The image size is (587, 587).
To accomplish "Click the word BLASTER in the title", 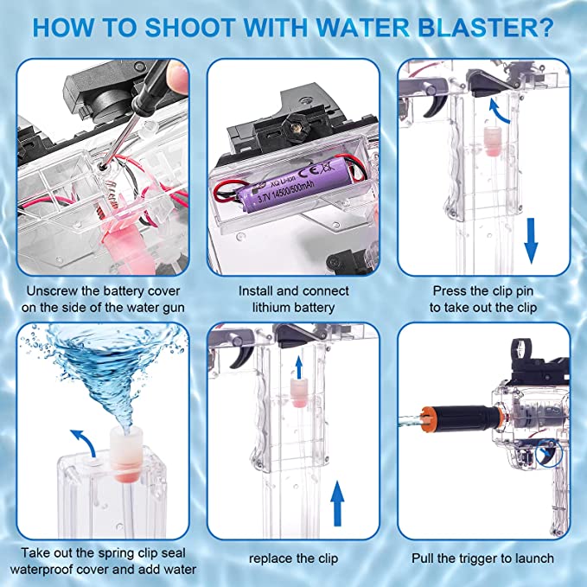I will click(469, 29).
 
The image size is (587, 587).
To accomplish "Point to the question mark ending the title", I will click(545, 29).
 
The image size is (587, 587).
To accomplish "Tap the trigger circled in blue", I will click(544, 450).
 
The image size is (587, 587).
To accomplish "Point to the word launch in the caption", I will click(533, 558).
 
